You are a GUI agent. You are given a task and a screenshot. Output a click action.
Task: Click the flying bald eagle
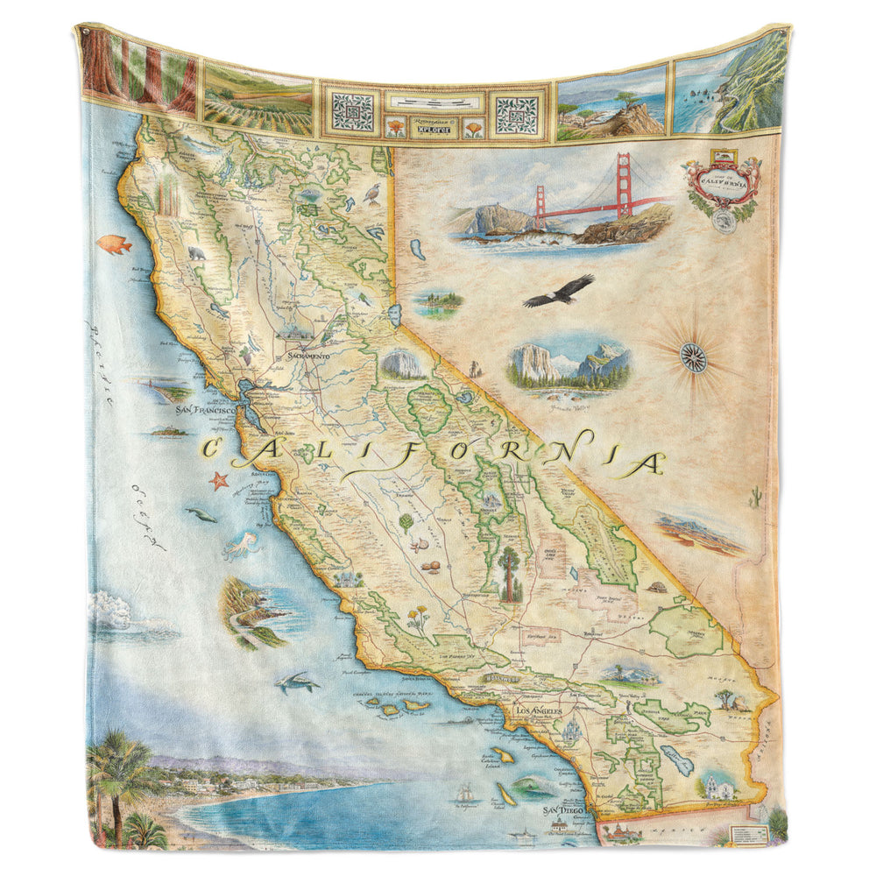pos(559,290)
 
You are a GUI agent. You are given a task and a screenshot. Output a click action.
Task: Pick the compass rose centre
pos(693,357)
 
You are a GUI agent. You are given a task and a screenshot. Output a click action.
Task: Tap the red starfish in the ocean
pos(218,479)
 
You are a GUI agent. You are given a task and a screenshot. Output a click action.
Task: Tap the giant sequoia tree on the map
pos(509,574)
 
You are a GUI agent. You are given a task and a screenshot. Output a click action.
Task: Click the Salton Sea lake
pos(675,759)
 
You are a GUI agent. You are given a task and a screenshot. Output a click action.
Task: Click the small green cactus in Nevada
pos(754,498)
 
